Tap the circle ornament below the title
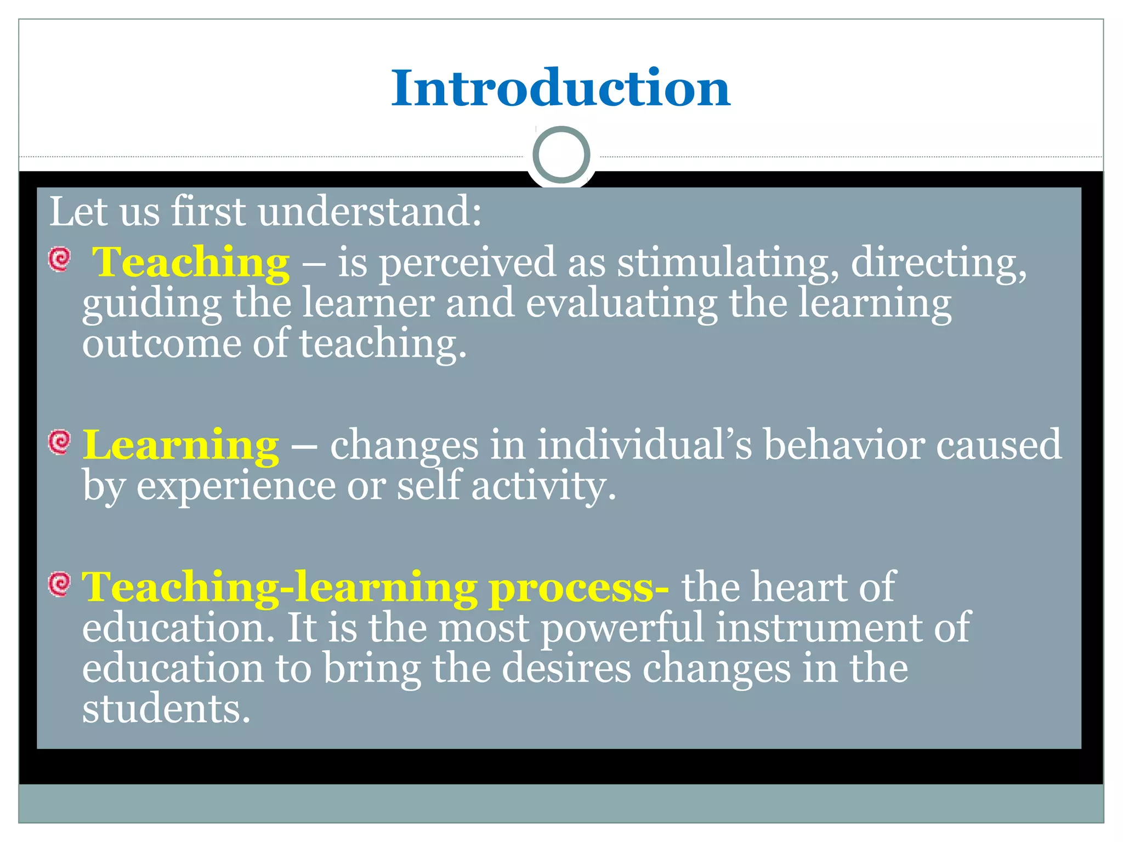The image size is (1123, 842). (561, 155)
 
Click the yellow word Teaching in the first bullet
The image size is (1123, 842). (190, 263)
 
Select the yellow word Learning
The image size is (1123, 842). (180, 445)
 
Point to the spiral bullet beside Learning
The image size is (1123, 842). (59, 442)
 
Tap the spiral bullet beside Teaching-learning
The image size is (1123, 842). (59, 584)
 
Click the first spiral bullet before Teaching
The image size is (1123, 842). (59, 259)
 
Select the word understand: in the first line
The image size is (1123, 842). (370, 212)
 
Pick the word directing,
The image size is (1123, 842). (938, 263)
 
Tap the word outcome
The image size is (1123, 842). (162, 344)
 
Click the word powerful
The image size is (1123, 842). (622, 628)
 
